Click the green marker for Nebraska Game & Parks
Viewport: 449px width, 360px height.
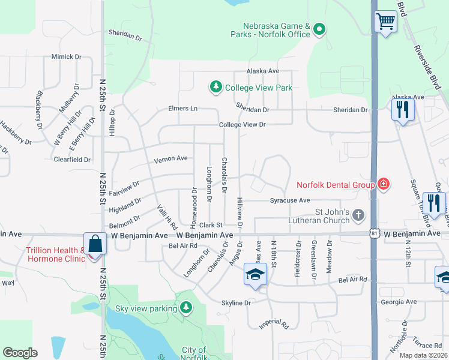[x=320, y=28]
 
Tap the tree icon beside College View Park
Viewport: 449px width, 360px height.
[x=215, y=88]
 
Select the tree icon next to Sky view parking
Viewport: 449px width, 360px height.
[x=187, y=308]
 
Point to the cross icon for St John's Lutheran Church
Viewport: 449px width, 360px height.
[x=358, y=215]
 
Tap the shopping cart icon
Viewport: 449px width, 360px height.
[x=386, y=22]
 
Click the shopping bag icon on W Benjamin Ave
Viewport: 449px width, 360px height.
[x=95, y=244]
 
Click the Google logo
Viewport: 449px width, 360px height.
[x=19, y=353]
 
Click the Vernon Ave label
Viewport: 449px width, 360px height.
[x=171, y=159]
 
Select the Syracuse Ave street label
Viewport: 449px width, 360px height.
[x=289, y=200]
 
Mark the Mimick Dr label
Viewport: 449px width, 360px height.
[x=66, y=57]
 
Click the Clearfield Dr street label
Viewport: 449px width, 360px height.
[x=72, y=160]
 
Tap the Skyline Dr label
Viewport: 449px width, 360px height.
[x=235, y=303]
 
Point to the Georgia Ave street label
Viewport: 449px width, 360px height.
[x=398, y=302]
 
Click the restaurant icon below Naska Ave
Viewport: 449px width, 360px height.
[x=402, y=110]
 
